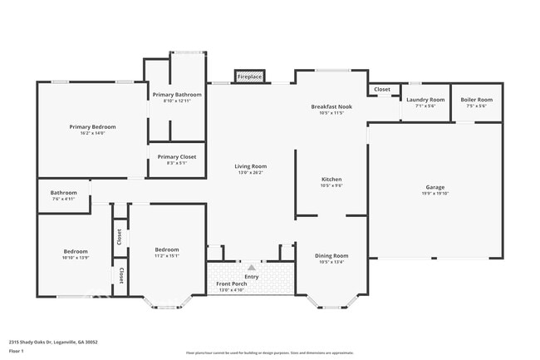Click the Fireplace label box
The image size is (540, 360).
pos(249,76)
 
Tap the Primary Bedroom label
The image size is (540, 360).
pos(92,126)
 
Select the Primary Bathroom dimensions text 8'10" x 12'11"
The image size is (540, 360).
pos(176,101)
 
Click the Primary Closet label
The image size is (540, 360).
pos(176,156)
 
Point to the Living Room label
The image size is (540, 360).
pos(250,166)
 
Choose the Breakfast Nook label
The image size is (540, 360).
pos(331,106)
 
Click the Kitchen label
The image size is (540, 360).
pos(331,179)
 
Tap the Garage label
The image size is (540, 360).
pos(435,187)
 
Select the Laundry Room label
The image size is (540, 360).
pos(425,99)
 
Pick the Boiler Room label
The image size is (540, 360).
pos(476,99)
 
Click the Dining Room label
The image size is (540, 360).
pos(331,255)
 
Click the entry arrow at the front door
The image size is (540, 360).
pos(251,266)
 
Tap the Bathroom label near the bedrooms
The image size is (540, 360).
pos(63,192)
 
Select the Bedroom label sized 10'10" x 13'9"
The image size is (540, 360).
pos(76,251)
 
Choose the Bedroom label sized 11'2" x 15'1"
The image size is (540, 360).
pos(167,249)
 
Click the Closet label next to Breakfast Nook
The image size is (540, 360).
pos(381,89)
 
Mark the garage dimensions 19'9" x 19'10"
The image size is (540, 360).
pos(435,194)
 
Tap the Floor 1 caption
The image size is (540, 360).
pos(17,351)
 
